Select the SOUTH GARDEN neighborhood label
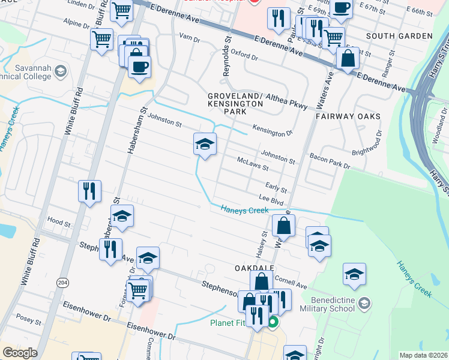click(399, 36)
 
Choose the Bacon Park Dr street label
click(330, 160)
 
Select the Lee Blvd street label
click(271, 197)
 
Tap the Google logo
click(20, 353)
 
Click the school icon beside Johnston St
click(205, 145)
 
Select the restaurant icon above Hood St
click(89, 191)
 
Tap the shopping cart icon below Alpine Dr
click(101, 40)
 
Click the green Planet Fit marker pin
click(273, 323)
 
